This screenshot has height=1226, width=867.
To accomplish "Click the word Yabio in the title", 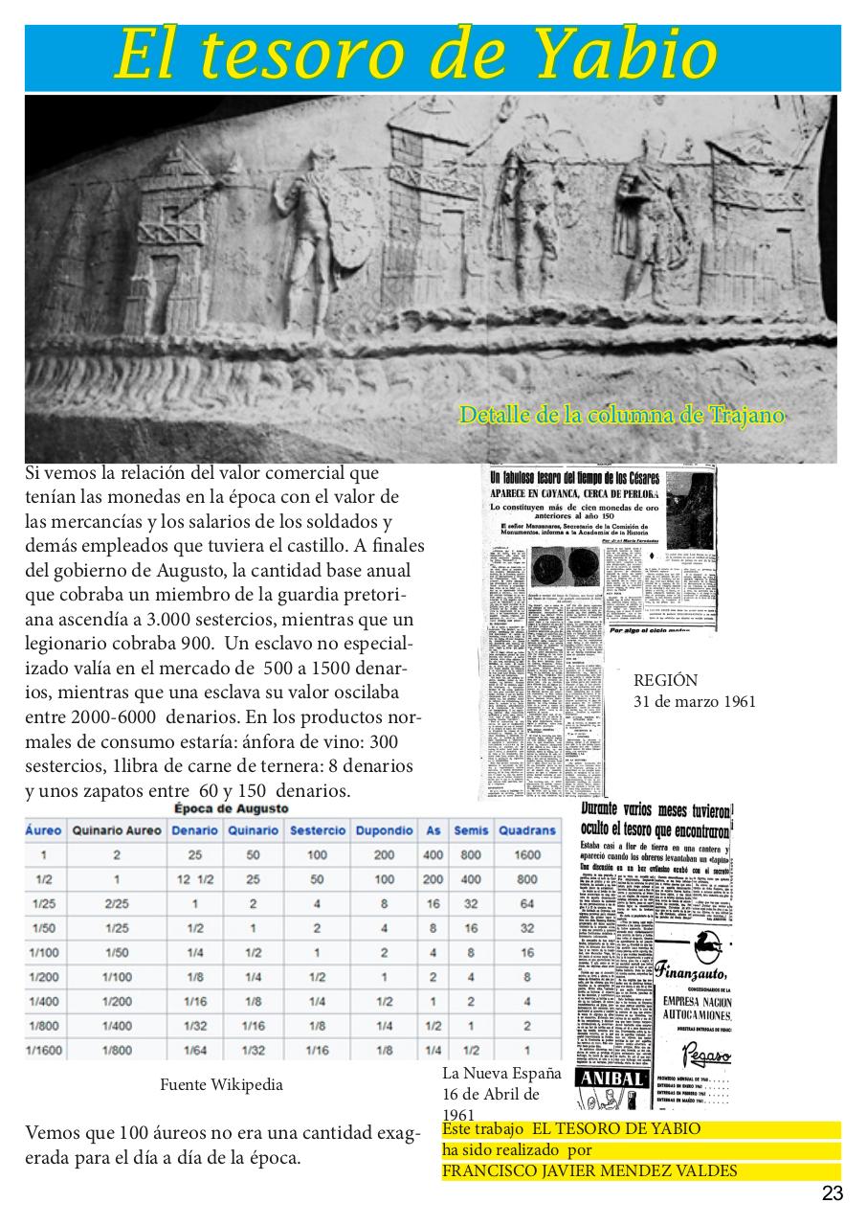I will pos(622,56).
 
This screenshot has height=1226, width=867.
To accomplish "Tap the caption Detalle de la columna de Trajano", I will pos(621,416).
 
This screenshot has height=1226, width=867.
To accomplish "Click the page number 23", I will pos(832,1193).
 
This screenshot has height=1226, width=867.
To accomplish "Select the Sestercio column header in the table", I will pos(317,830).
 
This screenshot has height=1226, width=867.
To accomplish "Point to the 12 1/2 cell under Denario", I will pos(195,879).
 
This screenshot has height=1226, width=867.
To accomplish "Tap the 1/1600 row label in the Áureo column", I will pos(43,1051).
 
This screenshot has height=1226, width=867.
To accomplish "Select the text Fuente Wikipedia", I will pos(221,1085).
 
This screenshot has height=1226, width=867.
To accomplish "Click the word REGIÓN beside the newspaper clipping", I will pos(665,681).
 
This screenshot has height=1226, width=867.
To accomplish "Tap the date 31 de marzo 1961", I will pos(694,702).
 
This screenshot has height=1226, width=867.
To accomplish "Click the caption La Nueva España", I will pos(501,1074).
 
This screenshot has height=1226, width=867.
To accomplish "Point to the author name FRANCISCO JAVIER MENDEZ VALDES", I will pos(589,1171).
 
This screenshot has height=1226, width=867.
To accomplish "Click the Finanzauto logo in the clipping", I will pos(694,969).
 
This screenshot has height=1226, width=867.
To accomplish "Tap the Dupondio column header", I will pos(384,830).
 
